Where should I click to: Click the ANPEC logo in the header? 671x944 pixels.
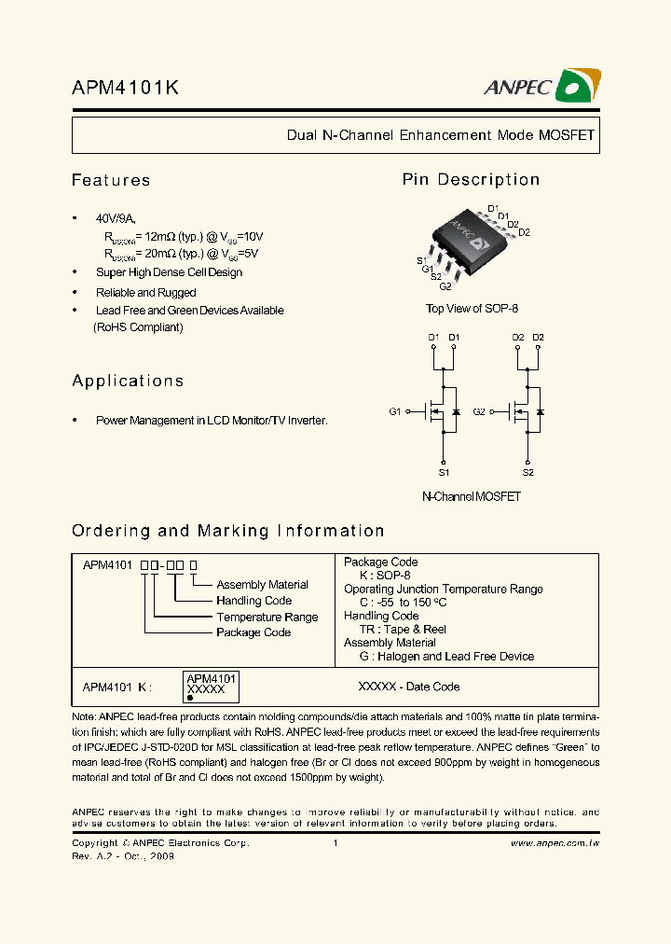coord(541,87)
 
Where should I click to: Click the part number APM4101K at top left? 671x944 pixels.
coord(125,88)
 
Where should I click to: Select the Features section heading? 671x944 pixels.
coord(111,180)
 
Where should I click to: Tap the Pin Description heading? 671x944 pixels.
coord(471,180)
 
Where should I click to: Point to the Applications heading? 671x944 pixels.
coord(128,381)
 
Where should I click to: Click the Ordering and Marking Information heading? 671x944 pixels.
coord(228,531)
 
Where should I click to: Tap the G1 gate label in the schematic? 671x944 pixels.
coord(394,411)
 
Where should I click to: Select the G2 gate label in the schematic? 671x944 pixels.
coord(479,411)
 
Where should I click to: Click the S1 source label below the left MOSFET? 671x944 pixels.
coord(444,473)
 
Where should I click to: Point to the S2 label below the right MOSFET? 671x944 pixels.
coord(528,473)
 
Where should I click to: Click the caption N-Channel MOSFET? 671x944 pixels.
coord(472,496)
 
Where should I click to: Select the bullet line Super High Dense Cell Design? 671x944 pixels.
coord(169,272)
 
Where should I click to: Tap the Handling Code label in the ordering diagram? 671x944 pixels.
coord(253,601)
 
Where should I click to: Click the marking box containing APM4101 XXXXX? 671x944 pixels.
coord(211,686)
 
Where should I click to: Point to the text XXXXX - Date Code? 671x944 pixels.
coord(409,687)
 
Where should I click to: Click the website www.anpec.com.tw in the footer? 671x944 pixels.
coord(555,843)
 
